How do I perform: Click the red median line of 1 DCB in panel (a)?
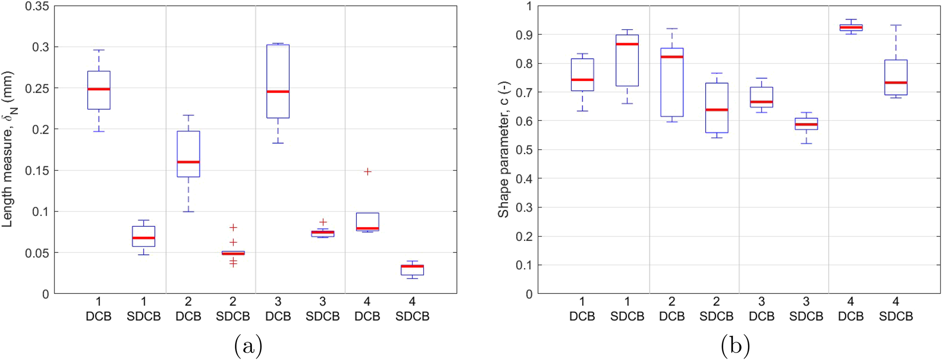tap(99, 89)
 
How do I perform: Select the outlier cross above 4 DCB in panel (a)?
tap(368, 172)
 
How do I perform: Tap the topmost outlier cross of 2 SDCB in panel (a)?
tap(233, 227)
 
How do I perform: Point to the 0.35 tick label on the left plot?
tap(37, 7)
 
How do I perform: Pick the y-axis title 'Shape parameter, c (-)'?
tap(503, 150)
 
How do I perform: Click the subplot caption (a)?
tap(248, 346)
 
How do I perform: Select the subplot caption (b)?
tap(735, 346)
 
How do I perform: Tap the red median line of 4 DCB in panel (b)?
tap(851, 27)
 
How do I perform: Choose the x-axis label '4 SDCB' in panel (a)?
tap(412, 309)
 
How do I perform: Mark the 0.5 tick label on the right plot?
tap(524, 150)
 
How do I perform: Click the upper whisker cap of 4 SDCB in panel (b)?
tap(895, 25)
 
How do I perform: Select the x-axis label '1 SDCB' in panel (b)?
tap(627, 309)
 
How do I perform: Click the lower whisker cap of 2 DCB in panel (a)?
tap(188, 212)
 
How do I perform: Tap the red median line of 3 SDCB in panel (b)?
tap(806, 125)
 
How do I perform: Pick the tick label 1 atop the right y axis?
tap(529, 7)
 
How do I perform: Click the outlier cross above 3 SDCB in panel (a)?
tap(323, 222)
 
